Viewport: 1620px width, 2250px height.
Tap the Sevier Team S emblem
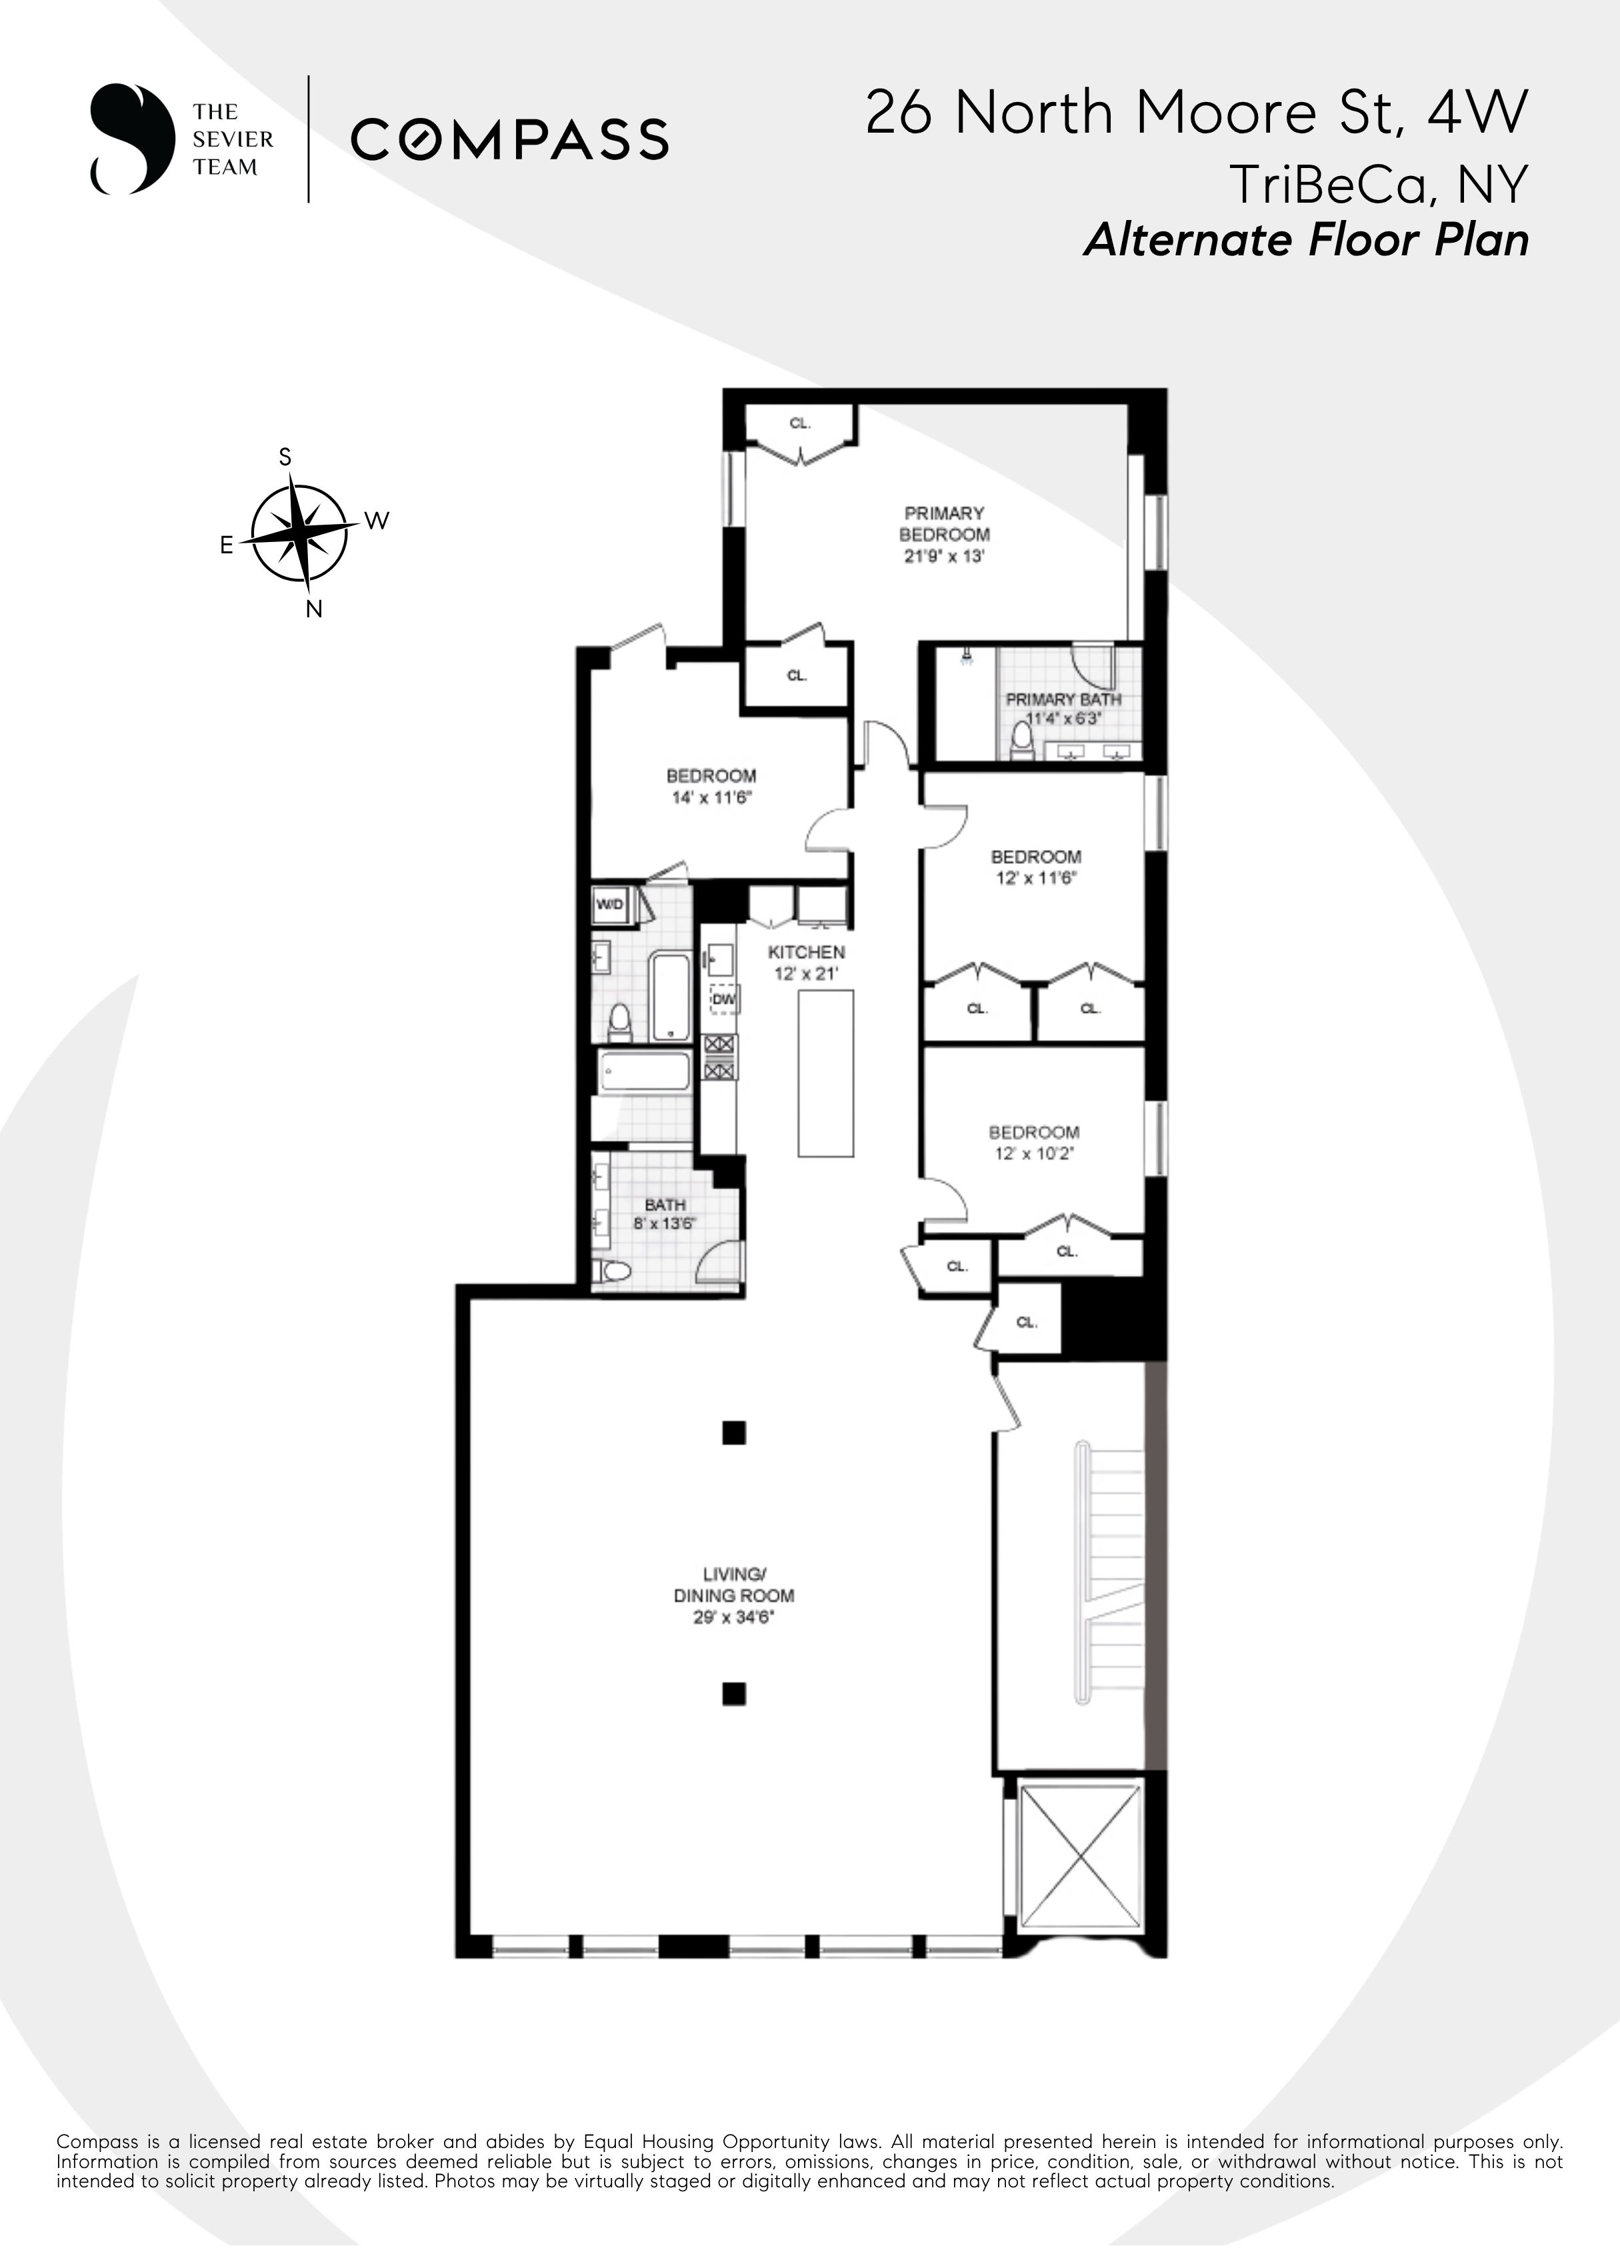tap(126, 139)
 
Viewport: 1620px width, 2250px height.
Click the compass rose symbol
tap(299, 533)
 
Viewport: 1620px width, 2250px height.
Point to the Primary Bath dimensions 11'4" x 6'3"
tap(1063, 718)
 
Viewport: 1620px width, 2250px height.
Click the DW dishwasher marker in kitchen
tap(723, 999)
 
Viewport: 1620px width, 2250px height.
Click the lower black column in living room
tap(733, 1693)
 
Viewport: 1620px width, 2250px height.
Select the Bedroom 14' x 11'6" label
tap(711, 786)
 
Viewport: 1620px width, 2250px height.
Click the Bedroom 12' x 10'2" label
tap(1034, 1142)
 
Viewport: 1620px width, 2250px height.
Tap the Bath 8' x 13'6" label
tap(664, 1214)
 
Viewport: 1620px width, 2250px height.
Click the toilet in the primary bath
tap(1021, 740)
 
